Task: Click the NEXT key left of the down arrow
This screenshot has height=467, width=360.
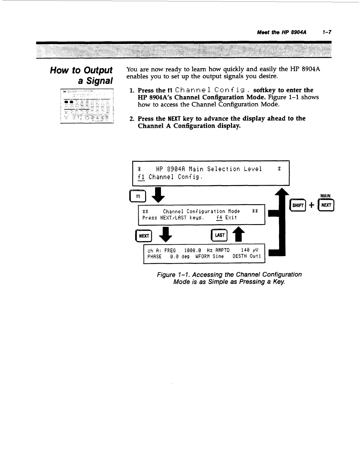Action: point(144,236)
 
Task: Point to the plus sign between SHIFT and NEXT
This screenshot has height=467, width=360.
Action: point(312,205)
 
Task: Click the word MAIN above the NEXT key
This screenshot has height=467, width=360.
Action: point(325,196)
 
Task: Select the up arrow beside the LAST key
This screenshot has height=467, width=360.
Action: point(239,235)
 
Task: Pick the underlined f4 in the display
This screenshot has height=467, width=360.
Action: point(219,218)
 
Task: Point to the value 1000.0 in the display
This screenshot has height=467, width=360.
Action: point(192,250)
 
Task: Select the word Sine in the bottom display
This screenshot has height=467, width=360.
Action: point(218,257)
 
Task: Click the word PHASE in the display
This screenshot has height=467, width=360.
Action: point(154,257)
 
